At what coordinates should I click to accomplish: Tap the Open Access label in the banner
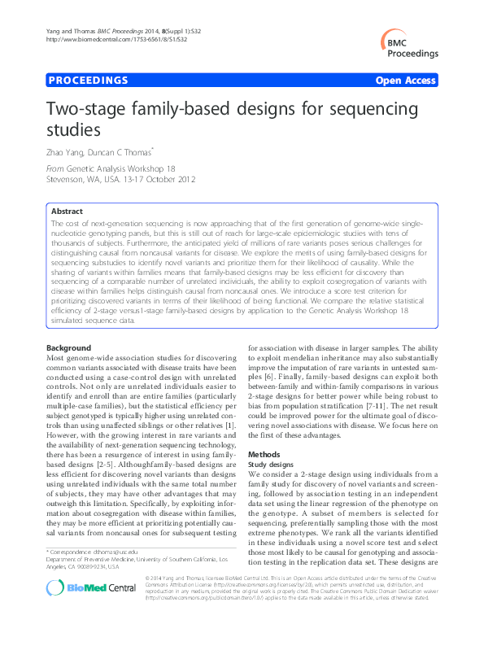click(x=406, y=81)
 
